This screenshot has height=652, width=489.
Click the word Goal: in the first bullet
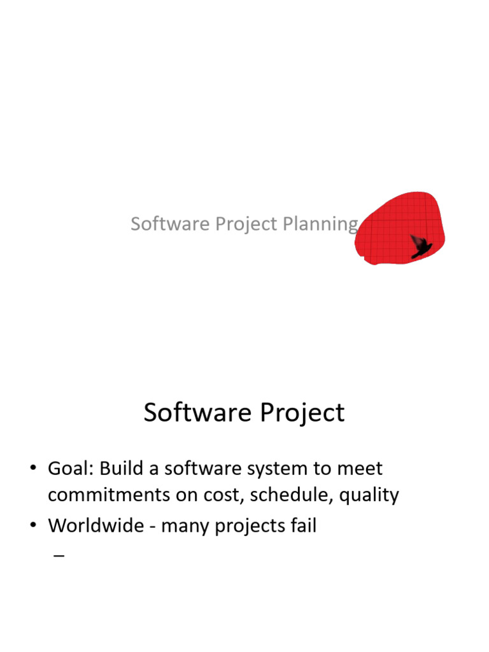(71, 469)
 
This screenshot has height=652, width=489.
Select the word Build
(121, 469)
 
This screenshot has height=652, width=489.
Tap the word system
(278, 470)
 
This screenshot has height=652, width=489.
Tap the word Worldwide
(96, 526)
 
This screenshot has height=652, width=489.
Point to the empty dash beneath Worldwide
(59, 556)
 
